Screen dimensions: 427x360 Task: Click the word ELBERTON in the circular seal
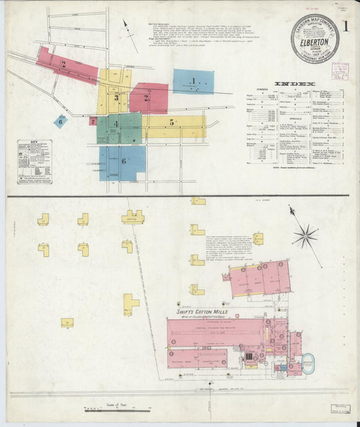(315, 41)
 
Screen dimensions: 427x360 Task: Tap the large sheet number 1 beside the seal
(346, 27)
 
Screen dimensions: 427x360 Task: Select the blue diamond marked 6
(61, 122)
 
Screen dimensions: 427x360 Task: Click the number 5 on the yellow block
(172, 122)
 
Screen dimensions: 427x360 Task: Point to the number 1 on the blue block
(193, 82)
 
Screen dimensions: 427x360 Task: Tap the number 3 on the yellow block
(115, 98)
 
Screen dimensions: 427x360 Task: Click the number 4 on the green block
(115, 124)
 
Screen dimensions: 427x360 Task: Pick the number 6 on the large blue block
(123, 161)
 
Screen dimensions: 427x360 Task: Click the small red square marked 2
(93, 122)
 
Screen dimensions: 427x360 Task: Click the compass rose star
(305, 236)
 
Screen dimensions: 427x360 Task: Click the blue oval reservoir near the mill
(309, 362)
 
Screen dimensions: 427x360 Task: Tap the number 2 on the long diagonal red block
(62, 64)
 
